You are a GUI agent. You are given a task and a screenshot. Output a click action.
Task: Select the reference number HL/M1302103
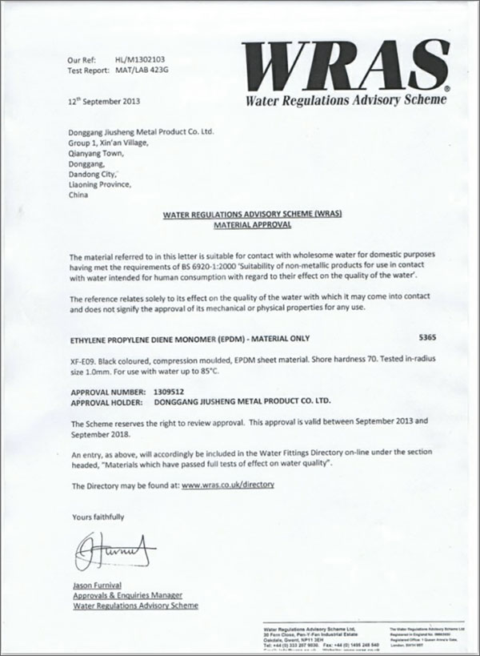tap(142, 60)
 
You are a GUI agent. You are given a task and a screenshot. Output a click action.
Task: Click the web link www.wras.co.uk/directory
tap(228, 485)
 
